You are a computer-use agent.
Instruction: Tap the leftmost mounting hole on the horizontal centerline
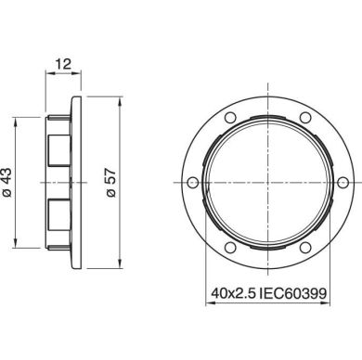coord(189,186)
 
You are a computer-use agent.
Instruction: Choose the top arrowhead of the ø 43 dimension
coord(17,121)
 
